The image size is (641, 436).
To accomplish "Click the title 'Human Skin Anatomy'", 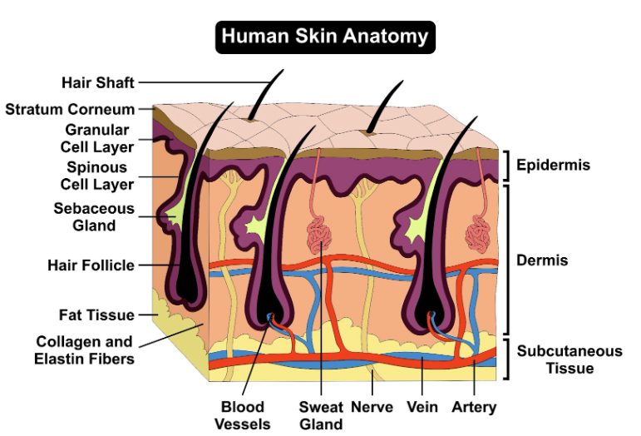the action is [325, 36].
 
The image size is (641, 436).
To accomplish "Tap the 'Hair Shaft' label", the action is [98, 82].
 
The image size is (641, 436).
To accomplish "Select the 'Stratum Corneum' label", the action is [70, 109].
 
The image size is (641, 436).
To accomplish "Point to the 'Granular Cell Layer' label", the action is [97, 138].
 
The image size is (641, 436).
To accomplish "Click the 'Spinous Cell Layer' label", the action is [97, 176].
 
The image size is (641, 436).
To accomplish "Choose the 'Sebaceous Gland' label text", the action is [94, 217].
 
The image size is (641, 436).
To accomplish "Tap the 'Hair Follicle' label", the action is [91, 265].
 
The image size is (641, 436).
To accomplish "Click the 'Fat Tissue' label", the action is [96, 315].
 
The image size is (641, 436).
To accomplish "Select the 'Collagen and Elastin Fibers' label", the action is [84, 350].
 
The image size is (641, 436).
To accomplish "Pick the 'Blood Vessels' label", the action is [243, 415].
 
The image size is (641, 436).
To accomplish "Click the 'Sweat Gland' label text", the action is [321, 415].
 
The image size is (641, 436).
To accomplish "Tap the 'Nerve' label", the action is [372, 407].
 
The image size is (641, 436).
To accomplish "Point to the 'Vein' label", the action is [422, 407].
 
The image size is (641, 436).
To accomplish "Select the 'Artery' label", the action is [474, 408].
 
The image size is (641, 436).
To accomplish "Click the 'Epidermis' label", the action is [553, 165].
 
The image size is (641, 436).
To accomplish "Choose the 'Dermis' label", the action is [542, 260].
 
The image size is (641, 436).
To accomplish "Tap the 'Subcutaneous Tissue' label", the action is [570, 359].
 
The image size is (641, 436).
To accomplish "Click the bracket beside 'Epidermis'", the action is [507, 166].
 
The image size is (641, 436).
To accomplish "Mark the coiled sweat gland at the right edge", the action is [478, 235].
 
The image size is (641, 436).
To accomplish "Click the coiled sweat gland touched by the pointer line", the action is [319, 235].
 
